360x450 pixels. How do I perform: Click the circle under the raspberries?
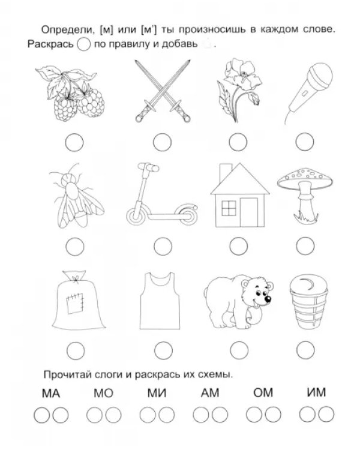pos(74,142)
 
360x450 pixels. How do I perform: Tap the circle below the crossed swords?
pos(162,142)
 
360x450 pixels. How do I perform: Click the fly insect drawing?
pos(76,196)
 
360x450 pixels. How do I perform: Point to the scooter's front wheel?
pos(134,215)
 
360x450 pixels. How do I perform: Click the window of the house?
pos(229,208)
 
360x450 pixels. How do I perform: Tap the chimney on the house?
pos(226,173)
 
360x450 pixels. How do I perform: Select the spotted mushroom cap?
pos(305,179)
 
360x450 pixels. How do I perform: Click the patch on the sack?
pos(75,302)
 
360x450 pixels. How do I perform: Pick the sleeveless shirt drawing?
pos(160,301)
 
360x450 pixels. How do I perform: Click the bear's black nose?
pos(268,299)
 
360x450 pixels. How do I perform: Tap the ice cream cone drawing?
pos(308,302)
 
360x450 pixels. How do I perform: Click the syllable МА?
pos(51,393)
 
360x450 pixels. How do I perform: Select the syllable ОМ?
pos(263,392)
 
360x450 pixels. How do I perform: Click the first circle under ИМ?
pos(307,415)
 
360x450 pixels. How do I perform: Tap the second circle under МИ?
pos(167,415)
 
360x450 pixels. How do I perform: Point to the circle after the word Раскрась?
pos(84,44)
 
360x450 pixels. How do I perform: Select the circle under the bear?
pos(239,350)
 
